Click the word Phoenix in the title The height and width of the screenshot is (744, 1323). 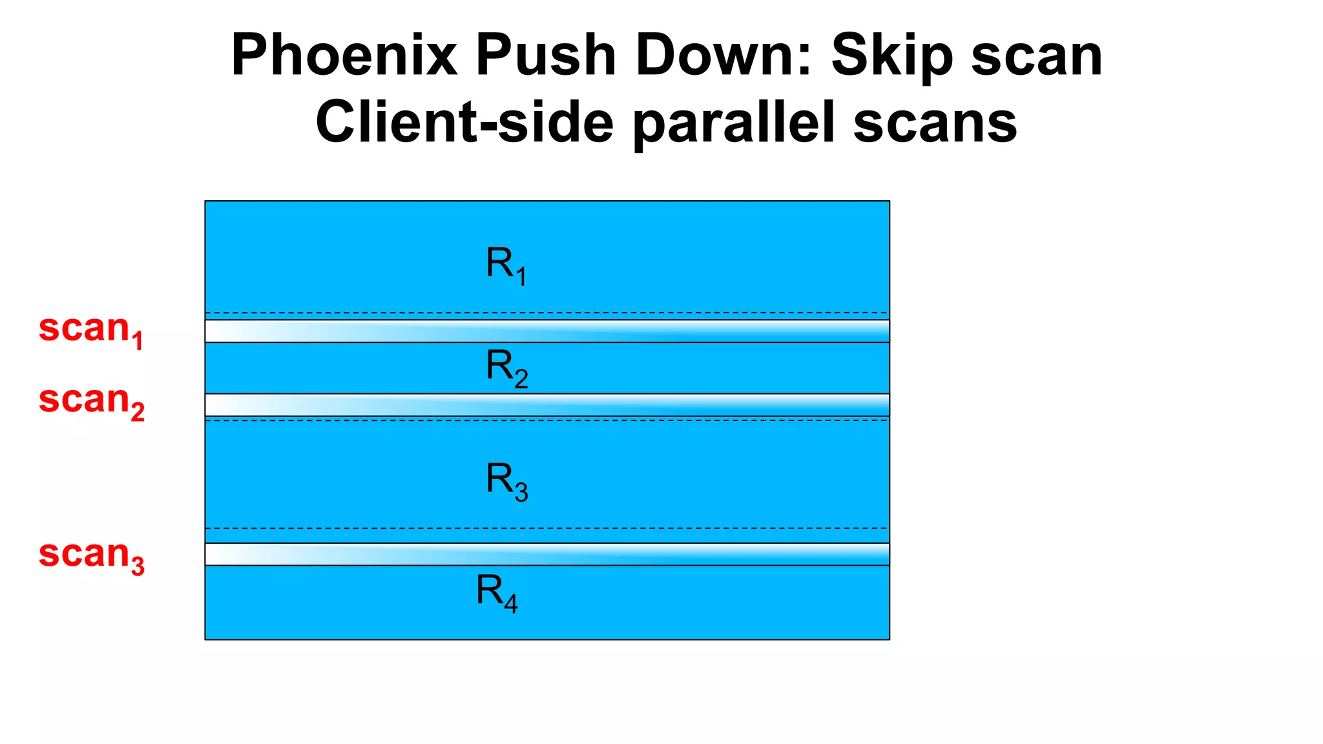pos(344,56)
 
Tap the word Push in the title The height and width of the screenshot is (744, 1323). pos(546,56)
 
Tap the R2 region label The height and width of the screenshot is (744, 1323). pos(506,367)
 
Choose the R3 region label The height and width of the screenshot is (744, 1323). pos(506,481)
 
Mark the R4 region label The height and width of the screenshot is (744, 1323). pos(497,592)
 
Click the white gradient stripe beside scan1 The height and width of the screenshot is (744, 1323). pos(547,331)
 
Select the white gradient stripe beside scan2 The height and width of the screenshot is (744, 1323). pos(547,405)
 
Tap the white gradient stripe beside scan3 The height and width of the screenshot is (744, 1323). pos(547,554)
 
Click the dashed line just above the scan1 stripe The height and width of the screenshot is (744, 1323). pos(547,313)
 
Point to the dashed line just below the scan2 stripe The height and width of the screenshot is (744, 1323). pos(547,420)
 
